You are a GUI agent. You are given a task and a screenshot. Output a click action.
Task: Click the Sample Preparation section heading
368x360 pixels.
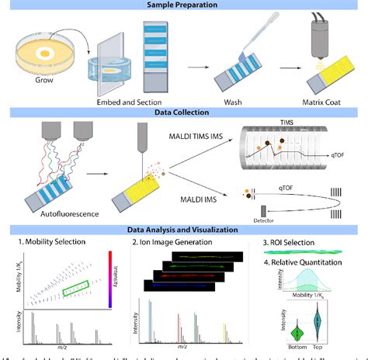pos(183,5)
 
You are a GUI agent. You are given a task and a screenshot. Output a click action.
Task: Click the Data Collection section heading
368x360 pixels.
pos(183,112)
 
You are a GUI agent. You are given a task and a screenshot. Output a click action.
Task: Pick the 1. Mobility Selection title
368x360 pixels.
pos(53,243)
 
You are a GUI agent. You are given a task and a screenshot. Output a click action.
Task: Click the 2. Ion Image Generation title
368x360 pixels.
pos(180,243)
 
